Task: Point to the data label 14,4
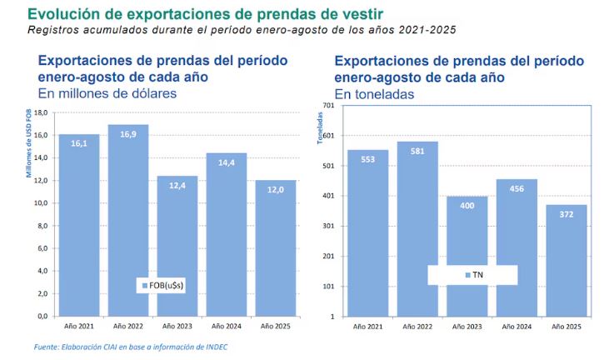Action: (226, 162)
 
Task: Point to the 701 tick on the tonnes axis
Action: (327, 105)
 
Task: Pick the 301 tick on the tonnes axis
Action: (327, 226)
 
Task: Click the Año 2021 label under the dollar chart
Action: (78, 325)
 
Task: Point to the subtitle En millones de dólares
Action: (107, 93)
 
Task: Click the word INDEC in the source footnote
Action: (214, 347)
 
